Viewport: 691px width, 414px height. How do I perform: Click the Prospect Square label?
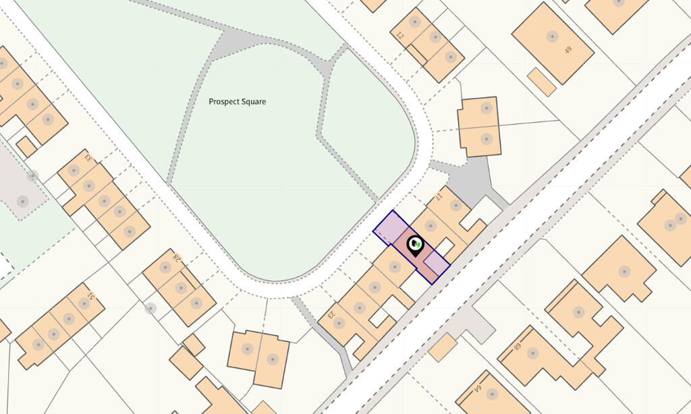point(237,102)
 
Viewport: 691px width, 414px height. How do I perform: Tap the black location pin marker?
point(416,244)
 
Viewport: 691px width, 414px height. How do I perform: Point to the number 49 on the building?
point(568,49)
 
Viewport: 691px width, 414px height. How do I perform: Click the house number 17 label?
point(439,196)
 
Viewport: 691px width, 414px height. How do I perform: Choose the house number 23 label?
point(332,314)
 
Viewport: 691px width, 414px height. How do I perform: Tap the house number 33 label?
point(87,158)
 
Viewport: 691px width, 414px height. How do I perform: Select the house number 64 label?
point(476,389)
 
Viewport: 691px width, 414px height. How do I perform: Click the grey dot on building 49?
point(552,36)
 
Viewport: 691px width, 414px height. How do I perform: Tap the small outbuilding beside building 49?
point(541,82)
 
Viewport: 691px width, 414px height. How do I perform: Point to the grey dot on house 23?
point(339,323)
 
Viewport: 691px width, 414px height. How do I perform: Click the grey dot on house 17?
point(455,206)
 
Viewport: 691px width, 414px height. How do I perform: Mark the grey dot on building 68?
point(532,353)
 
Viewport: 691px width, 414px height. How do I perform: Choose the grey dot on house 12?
point(415,22)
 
